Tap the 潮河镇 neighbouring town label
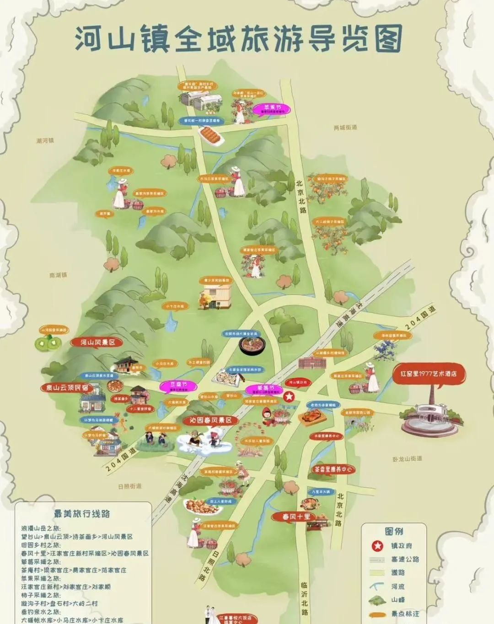pyautogui.click(x=45, y=140)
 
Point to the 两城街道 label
pyautogui.click(x=345, y=128)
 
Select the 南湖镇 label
pyautogui.click(x=58, y=275)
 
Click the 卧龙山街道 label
pyautogui.click(x=407, y=459)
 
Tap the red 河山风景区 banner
pyautogui.click(x=98, y=342)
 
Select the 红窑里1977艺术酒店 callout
pyautogui.click(x=429, y=373)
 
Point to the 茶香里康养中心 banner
pyautogui.click(x=333, y=469)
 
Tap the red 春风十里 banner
pyautogui.click(x=296, y=517)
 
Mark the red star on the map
pyautogui.click(x=289, y=396)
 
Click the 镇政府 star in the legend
pyautogui.click(x=376, y=546)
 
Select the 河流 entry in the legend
pyautogui.click(x=397, y=587)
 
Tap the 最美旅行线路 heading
pyautogui.click(x=82, y=513)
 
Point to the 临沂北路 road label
pyautogui.click(x=305, y=597)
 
